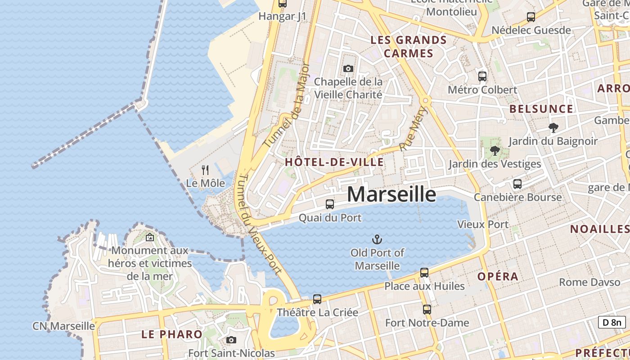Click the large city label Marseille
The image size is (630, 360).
(391, 194)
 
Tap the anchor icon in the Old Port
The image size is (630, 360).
(377, 239)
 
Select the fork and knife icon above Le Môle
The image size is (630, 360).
(205, 170)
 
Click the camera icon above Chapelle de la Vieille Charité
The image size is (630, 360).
(348, 69)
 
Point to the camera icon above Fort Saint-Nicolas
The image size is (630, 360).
(231, 340)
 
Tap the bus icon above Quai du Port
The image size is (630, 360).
(330, 204)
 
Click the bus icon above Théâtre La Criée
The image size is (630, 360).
(317, 299)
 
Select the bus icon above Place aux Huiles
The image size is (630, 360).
(424, 272)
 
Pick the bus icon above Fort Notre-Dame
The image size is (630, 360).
(427, 310)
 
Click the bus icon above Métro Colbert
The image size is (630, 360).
(482, 76)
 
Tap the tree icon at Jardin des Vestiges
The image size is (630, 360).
(495, 151)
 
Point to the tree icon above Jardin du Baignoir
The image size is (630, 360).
(553, 128)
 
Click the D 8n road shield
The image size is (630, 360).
(612, 322)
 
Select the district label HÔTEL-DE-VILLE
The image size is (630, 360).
(335, 162)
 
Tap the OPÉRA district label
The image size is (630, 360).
(498, 276)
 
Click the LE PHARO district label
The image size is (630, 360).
(172, 334)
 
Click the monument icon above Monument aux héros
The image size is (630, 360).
(150, 237)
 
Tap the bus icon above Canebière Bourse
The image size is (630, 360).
(517, 184)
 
